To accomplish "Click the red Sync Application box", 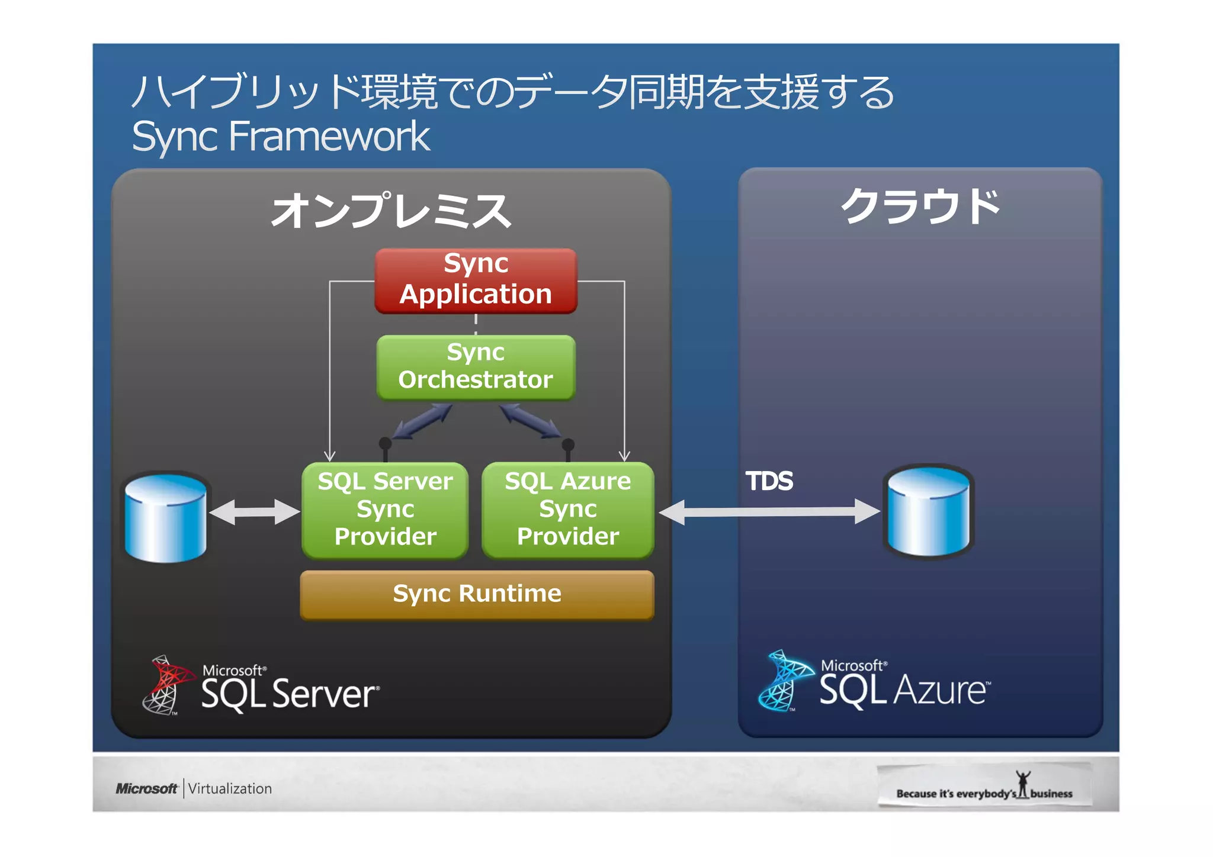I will [476, 281].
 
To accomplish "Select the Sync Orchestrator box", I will [476, 367].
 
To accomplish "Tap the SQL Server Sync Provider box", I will [385, 510].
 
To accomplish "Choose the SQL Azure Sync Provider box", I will [567, 510].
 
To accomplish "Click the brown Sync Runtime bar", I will [477, 594].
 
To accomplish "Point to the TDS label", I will [769, 481].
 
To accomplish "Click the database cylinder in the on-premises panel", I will [166, 518].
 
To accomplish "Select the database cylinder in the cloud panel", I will [928, 512].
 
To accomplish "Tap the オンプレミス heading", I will [391, 210].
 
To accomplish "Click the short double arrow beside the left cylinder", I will [255, 512].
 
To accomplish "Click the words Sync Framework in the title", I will [281, 137].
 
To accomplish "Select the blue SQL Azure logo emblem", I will [784, 680].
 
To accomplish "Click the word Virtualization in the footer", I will [230, 789].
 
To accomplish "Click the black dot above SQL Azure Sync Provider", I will [567, 444].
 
